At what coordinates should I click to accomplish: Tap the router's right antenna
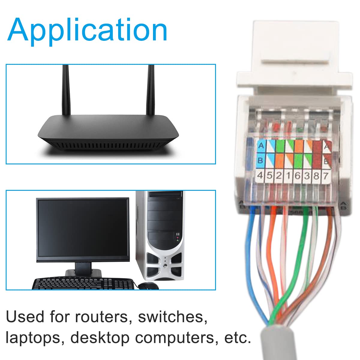click(150, 90)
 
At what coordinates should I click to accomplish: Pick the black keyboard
click(83, 284)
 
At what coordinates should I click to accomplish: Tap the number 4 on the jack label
click(260, 175)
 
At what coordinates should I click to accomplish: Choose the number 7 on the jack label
click(325, 175)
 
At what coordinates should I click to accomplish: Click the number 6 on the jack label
click(297, 175)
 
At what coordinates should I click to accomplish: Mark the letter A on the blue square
click(261, 146)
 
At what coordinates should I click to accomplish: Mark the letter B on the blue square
click(260, 160)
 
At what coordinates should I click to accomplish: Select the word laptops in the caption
click(33, 338)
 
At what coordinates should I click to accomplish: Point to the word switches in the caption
click(172, 317)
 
